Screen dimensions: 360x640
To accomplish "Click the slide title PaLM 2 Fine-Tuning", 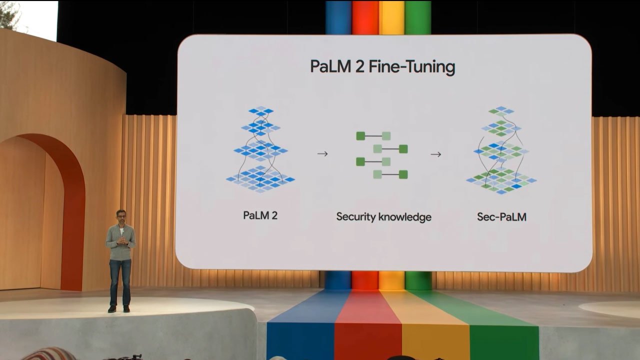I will point(382,67).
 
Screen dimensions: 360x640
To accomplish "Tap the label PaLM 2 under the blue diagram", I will point(260,216).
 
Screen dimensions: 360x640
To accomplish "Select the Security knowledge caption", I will point(383,217).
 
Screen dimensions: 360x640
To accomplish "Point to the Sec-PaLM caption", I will point(501,217).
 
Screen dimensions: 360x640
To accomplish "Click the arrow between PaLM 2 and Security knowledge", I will point(322,154).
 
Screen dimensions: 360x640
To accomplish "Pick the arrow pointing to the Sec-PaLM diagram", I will point(435,154).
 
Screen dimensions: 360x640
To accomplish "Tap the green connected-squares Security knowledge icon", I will point(382,155).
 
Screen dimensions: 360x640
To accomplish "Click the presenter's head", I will point(121,216).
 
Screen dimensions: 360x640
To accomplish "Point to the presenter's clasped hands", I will point(122,240).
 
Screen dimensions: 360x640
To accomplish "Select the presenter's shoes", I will point(119,309).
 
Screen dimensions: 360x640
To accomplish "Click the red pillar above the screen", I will point(365,17).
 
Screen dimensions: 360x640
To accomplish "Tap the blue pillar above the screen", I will point(338,17).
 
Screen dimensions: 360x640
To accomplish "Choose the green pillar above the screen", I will point(418,17).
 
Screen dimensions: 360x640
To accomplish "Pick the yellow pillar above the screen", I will point(391,17).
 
